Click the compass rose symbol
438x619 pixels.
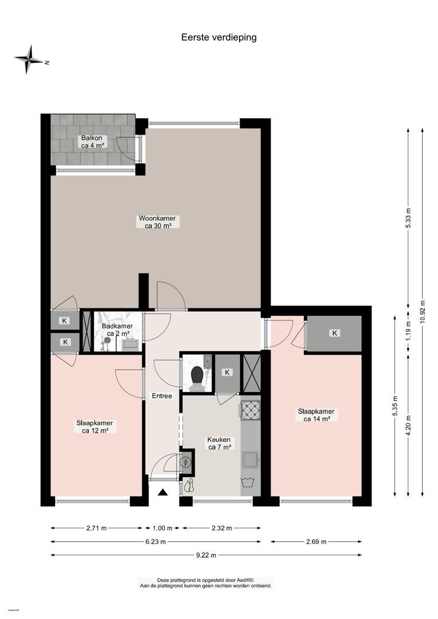click(29, 60)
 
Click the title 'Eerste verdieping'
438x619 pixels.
click(219, 37)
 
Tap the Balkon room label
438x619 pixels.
click(92, 142)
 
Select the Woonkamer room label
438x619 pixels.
click(157, 222)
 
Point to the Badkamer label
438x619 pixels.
click(117, 330)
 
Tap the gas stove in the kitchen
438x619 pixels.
click(250, 410)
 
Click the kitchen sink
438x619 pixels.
click(251, 460)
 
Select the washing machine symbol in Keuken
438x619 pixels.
click(250, 484)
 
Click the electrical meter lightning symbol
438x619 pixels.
click(186, 463)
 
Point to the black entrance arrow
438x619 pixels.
click(163, 492)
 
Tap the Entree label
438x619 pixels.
click(162, 395)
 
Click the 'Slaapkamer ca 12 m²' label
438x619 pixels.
click(95, 427)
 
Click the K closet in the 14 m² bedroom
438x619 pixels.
click(335, 333)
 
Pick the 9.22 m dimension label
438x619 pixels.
click(206, 555)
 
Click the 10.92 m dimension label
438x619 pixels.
click(423, 311)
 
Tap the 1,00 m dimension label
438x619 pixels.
click(162, 528)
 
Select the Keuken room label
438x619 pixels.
click(219, 443)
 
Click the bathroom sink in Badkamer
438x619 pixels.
click(130, 344)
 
